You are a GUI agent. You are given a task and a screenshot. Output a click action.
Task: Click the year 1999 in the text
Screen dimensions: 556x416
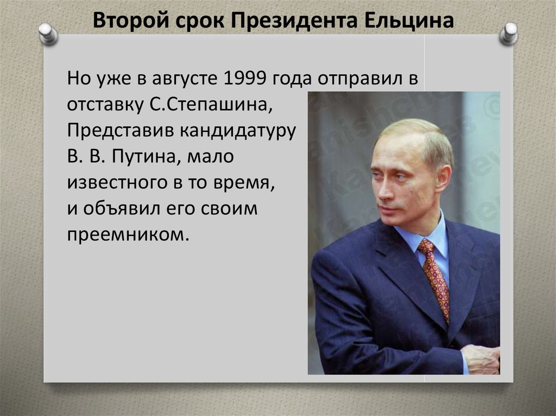coord(245,78)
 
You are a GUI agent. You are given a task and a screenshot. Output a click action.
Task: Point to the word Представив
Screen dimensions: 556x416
coord(121,131)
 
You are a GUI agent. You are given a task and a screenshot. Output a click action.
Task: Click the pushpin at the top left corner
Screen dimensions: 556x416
coord(48,34)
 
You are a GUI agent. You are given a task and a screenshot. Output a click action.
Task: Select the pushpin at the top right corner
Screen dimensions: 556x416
coord(508,34)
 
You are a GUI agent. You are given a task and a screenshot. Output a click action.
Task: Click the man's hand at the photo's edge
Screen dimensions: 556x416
coord(481,359)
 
